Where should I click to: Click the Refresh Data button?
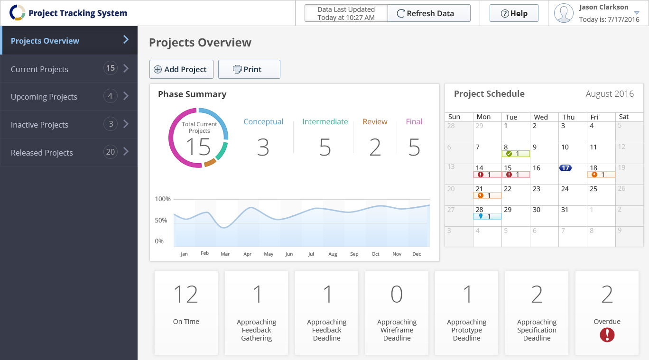[429, 13]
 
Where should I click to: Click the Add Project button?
[181, 69]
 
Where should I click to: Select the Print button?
[249, 69]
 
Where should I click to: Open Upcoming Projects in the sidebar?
[44, 97]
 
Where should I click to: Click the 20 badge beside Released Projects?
[110, 152]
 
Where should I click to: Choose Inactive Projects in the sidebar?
[40, 125]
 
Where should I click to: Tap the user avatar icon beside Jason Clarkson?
[564, 13]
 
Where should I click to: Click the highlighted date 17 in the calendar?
[565, 168]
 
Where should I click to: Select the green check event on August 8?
[516, 154]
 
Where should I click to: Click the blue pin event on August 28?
[487, 216]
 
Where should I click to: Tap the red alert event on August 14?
[487, 175]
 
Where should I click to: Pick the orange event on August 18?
[601, 175]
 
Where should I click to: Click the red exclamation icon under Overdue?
[607, 335]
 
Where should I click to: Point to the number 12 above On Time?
[185, 295]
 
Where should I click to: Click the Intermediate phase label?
[325, 122]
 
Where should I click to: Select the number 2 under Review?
[375, 148]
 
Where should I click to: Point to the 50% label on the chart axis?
[161, 221]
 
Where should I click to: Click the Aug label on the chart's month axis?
[333, 254]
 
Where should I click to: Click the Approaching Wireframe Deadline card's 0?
[397, 295]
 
